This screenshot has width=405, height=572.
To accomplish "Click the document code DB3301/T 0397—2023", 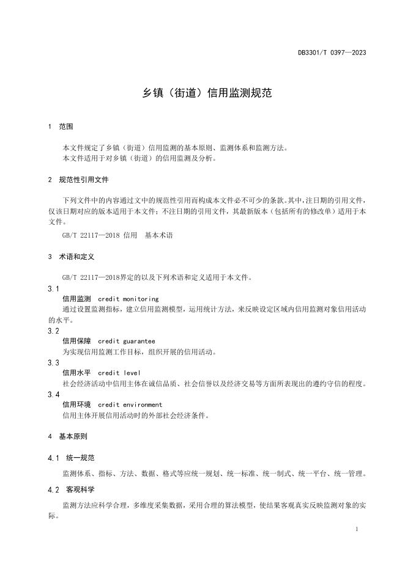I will pos(332,53).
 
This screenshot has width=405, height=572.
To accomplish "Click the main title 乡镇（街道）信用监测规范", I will pos(202,94).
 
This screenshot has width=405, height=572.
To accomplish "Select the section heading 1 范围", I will pos(61,127).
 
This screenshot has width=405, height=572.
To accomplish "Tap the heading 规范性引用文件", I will pos(84,180).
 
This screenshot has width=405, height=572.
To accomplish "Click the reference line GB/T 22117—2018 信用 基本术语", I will pos(117,235).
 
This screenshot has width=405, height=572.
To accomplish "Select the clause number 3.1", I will pos(53,288).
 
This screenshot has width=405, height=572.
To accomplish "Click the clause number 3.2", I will pos(53,331).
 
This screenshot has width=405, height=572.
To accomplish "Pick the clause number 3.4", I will pos(53,394).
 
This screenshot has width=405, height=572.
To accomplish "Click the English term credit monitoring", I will pos(128,299).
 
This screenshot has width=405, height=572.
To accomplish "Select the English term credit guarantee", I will pos(126,341).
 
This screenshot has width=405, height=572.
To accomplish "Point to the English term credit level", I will pos(119,373).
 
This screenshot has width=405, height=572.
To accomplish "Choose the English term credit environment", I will pos(130,405).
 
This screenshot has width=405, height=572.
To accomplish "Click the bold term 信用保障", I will pos(76,341).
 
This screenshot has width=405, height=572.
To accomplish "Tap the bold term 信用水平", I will pos(76,373).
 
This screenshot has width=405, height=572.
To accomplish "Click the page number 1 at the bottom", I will pos(357,529).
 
